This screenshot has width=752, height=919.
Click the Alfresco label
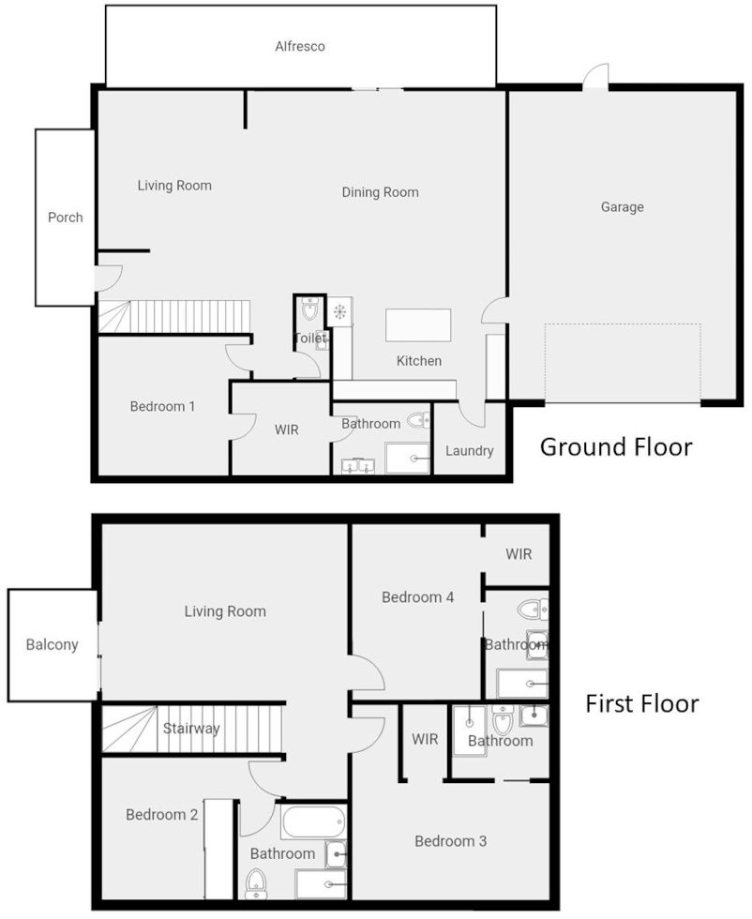point(300,46)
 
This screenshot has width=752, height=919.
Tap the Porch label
point(66,218)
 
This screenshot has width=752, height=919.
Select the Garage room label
point(622,207)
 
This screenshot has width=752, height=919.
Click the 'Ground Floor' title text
point(616,447)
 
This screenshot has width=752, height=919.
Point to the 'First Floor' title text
point(642,703)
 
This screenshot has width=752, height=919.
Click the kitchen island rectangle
point(418,325)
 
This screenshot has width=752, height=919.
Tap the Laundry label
point(469,451)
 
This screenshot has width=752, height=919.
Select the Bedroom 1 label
point(162,407)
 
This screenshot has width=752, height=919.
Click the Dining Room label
point(380,192)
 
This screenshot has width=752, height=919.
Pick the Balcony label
point(52,645)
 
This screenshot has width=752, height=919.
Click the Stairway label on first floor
point(191,729)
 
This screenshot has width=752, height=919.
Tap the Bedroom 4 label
point(418,597)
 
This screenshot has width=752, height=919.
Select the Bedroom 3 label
point(450,841)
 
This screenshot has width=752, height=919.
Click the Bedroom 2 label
point(161,815)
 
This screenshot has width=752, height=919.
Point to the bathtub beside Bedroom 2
point(313,821)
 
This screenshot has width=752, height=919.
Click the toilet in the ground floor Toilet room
point(310,310)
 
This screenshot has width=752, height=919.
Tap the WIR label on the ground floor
point(286,430)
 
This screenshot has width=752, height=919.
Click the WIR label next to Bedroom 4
point(519,554)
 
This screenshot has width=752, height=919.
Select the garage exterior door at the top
point(595,77)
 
